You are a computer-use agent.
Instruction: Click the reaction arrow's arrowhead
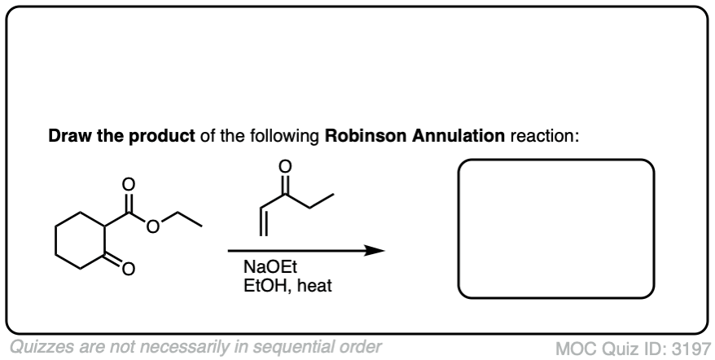(375, 251)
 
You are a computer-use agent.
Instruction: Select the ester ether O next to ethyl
(152, 225)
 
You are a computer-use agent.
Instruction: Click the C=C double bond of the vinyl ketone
(261, 222)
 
